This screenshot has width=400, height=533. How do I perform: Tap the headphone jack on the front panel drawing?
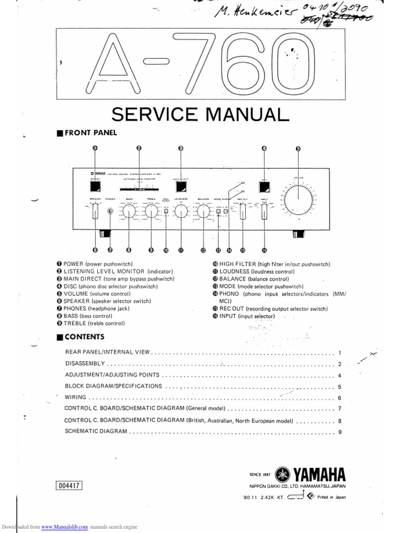click(110, 211)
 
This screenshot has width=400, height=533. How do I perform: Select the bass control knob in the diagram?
click(129, 211)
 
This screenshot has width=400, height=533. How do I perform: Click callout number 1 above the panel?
click(95, 148)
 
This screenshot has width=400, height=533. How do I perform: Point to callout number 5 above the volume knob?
click(298, 148)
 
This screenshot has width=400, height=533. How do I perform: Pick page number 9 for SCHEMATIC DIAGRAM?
click(339, 432)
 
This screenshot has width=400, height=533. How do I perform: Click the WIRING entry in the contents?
click(76, 398)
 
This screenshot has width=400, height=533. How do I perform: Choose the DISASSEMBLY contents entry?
click(85, 363)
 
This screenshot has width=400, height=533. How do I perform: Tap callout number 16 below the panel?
click(265, 250)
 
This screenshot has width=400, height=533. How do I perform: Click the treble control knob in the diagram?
click(151, 211)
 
